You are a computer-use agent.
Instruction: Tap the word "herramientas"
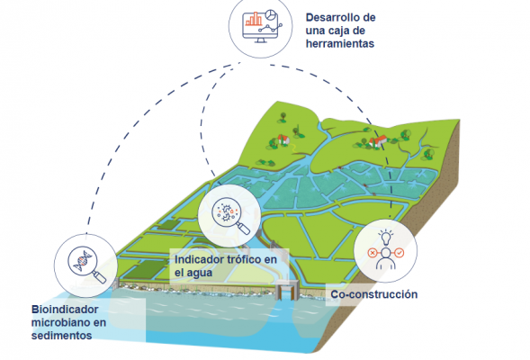click(340, 44)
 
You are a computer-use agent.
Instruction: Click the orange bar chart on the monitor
click(254, 19)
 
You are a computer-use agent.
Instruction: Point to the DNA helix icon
click(83, 259)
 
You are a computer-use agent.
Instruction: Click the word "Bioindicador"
click(65, 310)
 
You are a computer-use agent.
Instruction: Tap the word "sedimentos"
click(61, 336)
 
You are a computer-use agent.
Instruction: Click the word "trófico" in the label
click(239, 259)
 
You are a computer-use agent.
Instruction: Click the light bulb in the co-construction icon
click(386, 238)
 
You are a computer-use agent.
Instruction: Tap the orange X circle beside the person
click(372, 253)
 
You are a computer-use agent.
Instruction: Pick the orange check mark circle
click(400, 253)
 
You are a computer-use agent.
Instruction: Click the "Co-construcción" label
click(373, 294)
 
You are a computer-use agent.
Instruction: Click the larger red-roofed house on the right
click(379, 140)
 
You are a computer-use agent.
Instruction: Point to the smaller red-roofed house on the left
click(283, 139)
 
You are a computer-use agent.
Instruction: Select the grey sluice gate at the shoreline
click(287, 290)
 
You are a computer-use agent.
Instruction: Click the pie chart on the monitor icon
click(271, 14)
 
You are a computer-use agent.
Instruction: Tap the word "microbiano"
click(68, 322)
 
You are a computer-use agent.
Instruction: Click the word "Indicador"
click(194, 259)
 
